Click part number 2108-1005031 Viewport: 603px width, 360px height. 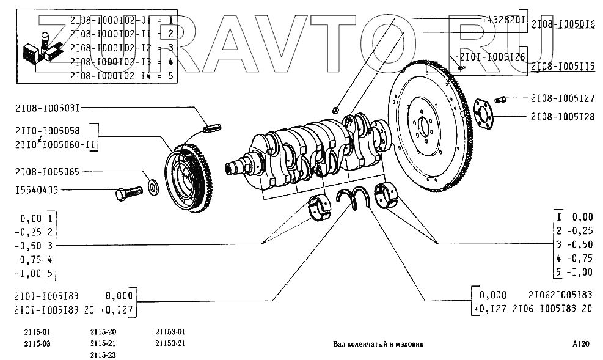click(43, 108)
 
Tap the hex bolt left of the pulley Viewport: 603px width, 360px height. click(127, 193)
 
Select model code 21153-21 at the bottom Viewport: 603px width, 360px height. click(171, 343)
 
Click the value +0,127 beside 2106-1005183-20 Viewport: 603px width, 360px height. click(489, 309)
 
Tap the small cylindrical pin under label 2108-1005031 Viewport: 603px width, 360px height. click(211, 130)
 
